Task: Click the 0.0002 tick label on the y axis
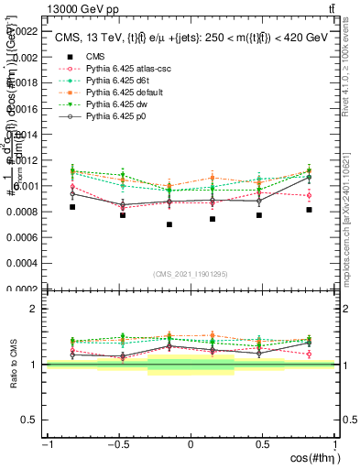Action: [x=26, y=289]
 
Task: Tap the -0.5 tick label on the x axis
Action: [x=116, y=445]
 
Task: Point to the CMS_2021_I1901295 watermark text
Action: [x=191, y=274]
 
